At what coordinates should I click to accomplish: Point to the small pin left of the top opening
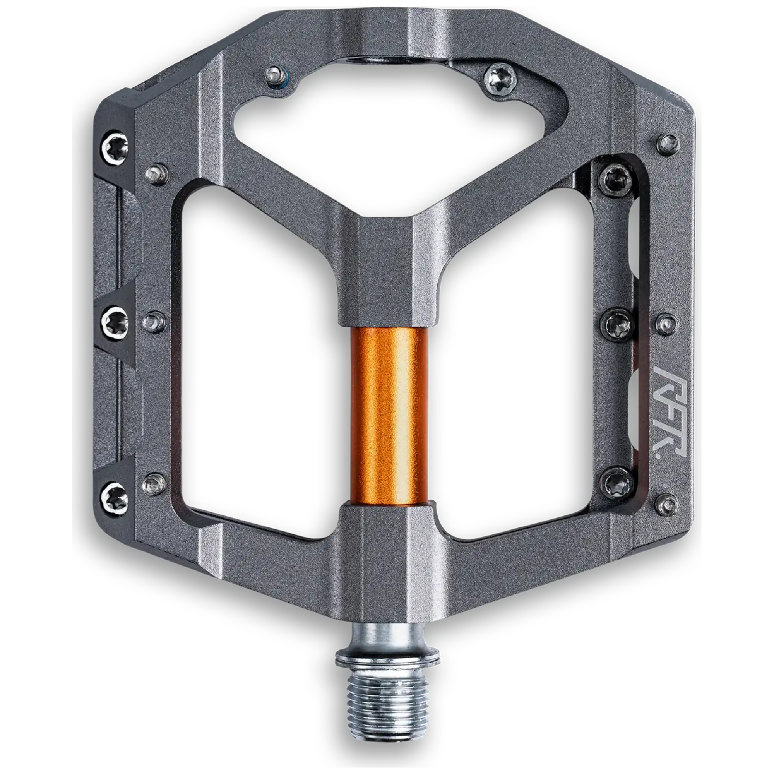[x=274, y=75]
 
